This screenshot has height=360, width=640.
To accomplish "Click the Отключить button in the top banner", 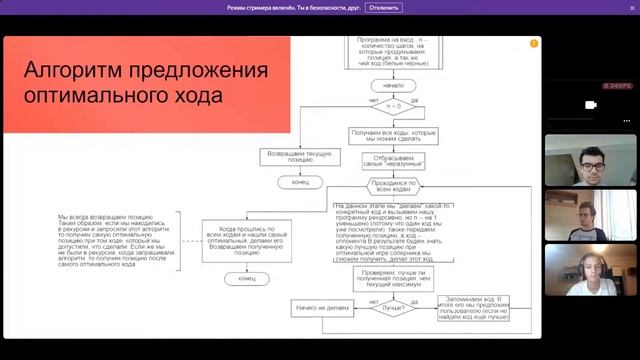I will (x=385, y=7).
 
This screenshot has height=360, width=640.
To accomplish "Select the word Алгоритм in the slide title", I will (x=87, y=73).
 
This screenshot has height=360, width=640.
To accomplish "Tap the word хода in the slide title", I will (x=196, y=98).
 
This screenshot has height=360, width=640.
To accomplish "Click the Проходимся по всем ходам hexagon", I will (x=393, y=187).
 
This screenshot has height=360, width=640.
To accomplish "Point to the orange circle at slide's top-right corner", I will (x=534, y=44).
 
